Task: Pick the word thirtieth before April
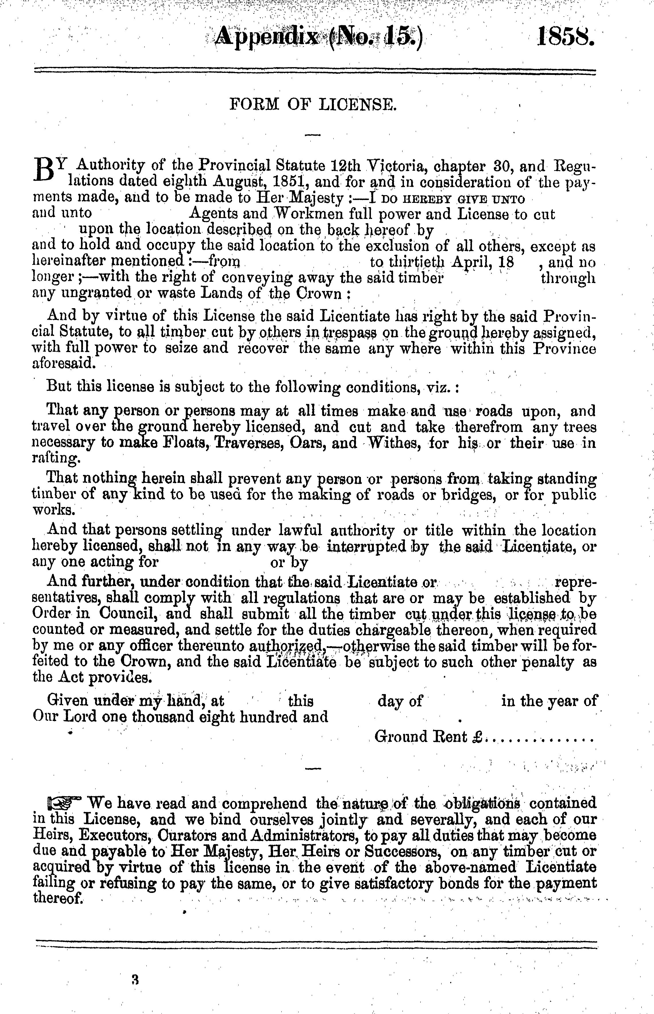coord(417,262)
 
